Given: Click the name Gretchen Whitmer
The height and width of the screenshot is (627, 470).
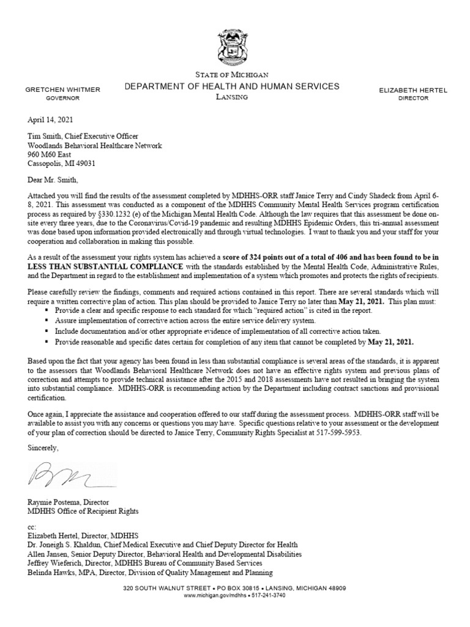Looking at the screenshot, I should click(x=62, y=89).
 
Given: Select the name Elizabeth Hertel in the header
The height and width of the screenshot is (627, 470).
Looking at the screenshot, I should click(x=413, y=90).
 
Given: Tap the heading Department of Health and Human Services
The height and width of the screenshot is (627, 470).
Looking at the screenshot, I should click(x=231, y=86).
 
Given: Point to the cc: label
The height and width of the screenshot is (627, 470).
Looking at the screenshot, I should click(x=32, y=526).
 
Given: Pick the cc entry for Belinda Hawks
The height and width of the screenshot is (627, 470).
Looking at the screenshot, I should click(x=149, y=572).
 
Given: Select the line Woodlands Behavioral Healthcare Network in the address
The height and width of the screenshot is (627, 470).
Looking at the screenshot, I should click(x=95, y=145).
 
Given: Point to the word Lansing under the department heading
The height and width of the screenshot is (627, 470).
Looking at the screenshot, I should click(x=231, y=97).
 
